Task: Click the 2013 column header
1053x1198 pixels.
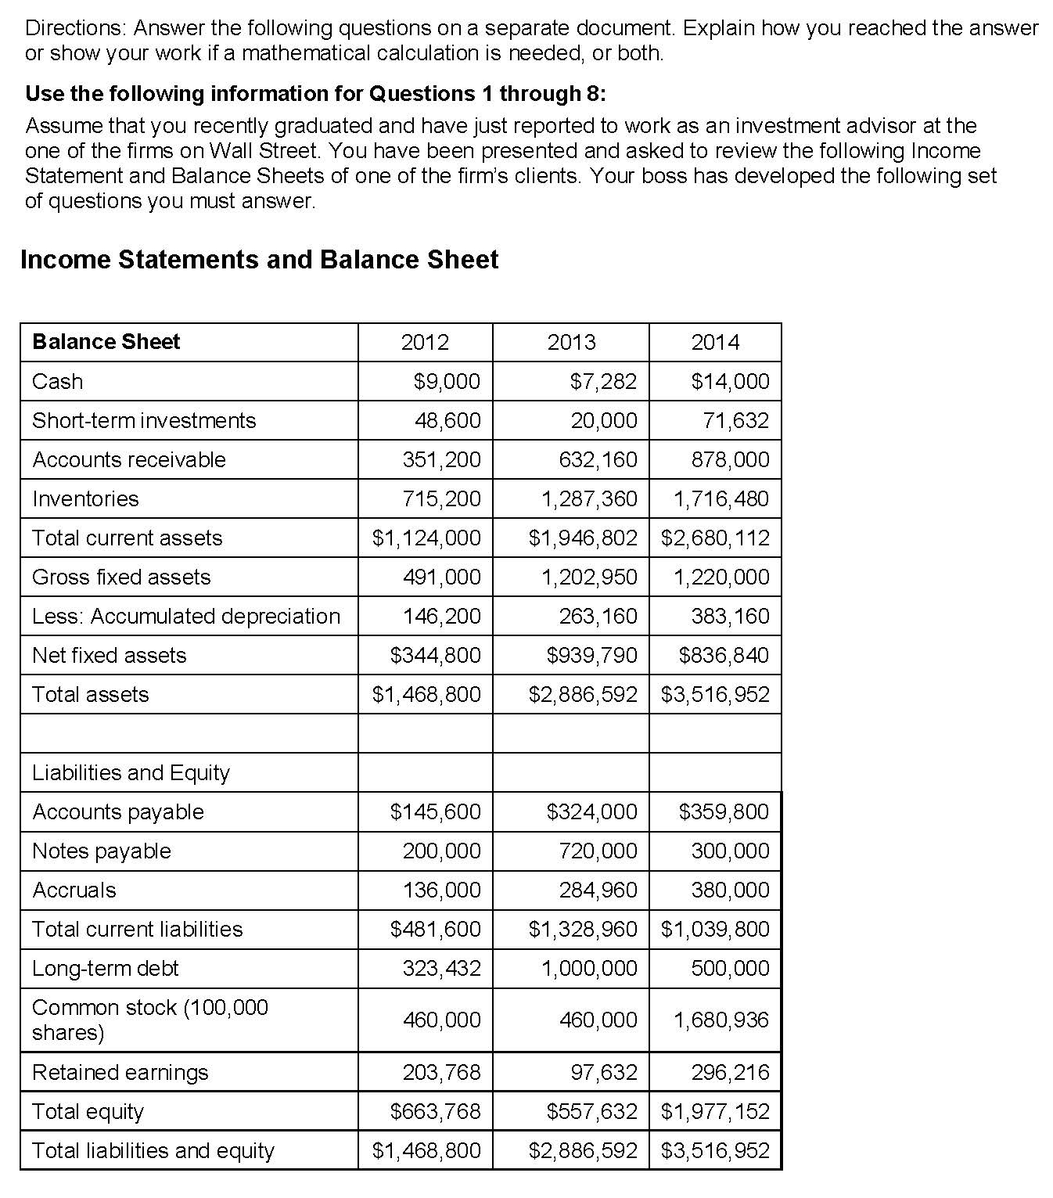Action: (x=571, y=342)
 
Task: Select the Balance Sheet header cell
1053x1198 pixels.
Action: (x=106, y=342)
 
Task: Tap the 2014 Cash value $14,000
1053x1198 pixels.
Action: (x=730, y=381)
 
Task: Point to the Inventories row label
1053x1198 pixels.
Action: (x=85, y=498)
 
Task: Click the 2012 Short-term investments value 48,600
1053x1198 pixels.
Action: (x=447, y=420)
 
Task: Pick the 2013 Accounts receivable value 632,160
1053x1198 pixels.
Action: (x=598, y=459)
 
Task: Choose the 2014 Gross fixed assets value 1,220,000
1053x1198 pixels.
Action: (x=721, y=577)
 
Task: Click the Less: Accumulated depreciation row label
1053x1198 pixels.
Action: (x=186, y=616)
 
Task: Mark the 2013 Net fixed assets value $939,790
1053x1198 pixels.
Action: (x=591, y=655)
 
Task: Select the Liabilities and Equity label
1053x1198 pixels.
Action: (x=131, y=772)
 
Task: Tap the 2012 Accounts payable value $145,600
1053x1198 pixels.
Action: (x=435, y=811)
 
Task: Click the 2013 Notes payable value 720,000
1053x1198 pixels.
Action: (x=598, y=851)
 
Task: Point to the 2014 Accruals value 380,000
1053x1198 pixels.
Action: (x=730, y=890)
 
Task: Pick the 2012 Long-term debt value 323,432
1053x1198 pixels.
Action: (x=441, y=968)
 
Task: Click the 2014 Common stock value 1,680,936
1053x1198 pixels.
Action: (x=721, y=1020)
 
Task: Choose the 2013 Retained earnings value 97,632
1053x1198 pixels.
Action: (x=604, y=1072)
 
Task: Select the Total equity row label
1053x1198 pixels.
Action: (x=88, y=1111)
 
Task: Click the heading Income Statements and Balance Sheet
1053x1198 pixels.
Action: (x=259, y=260)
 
